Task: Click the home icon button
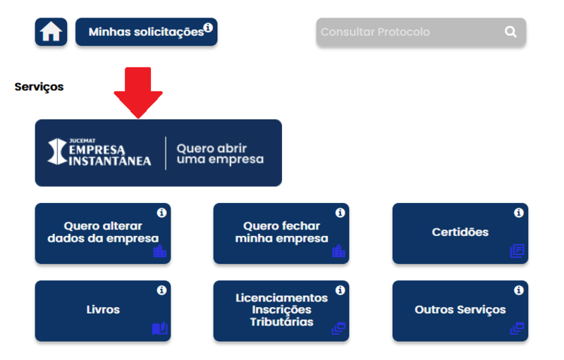[51, 32]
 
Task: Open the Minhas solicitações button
[146, 32]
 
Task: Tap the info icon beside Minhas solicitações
[208, 28]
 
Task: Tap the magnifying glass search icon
[510, 32]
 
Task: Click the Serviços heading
[39, 87]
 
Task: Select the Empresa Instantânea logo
[99, 153]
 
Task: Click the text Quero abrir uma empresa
[220, 154]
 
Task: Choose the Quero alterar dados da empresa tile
[103, 232]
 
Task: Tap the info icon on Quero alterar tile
[161, 213]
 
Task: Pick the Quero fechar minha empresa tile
[281, 232]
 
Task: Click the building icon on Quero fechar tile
[338, 251]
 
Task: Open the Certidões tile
[460, 232]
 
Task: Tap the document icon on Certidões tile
[517, 251]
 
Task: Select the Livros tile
[103, 310]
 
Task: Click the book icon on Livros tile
[159, 328]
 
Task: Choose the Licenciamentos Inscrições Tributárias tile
[281, 310]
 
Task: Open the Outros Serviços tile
[460, 310]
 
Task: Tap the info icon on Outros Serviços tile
[519, 290]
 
